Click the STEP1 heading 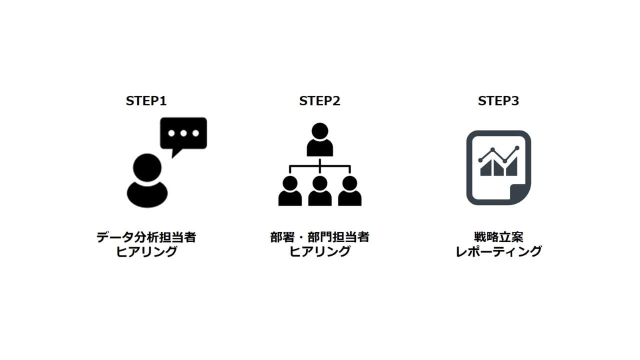point(146,101)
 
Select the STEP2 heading point(319,101)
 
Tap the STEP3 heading point(498,101)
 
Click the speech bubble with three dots point(183,134)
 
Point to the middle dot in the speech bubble point(183,133)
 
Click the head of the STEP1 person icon point(147,167)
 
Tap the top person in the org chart point(319,139)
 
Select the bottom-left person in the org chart point(290,190)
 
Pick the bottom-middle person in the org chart point(319,190)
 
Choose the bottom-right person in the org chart point(349,190)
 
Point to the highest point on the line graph point(517,147)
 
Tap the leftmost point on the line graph point(480,160)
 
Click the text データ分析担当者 point(146,237)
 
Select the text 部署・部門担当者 point(319,237)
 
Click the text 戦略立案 point(498,237)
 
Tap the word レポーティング point(498,251)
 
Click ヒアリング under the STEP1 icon point(146,251)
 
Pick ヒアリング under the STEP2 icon point(319,251)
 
